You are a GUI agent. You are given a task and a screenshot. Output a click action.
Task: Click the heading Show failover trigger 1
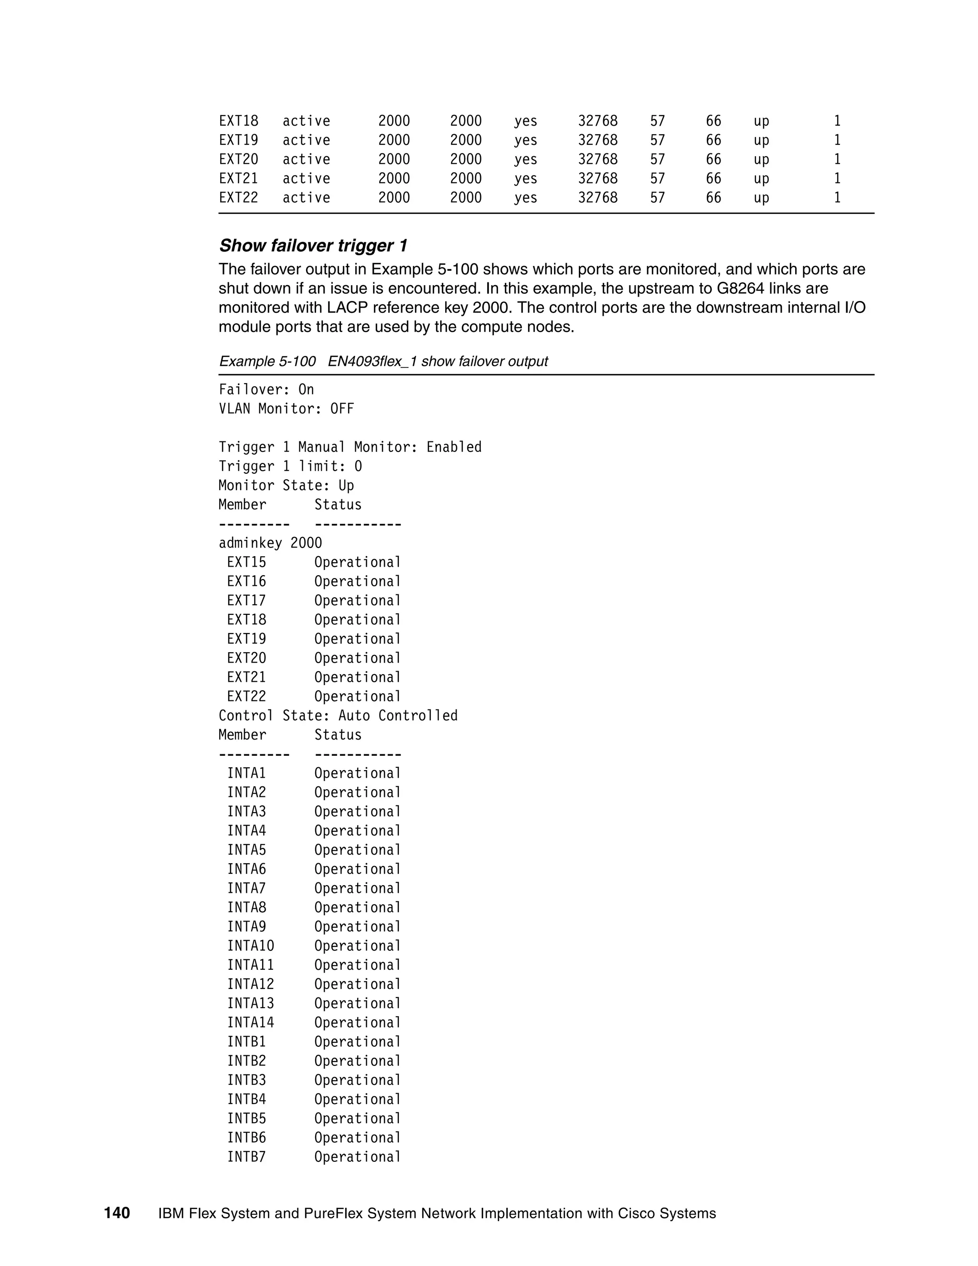click(x=313, y=246)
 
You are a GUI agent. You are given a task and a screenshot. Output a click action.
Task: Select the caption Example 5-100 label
click(x=266, y=361)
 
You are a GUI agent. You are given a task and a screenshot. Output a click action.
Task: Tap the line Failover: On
click(x=266, y=389)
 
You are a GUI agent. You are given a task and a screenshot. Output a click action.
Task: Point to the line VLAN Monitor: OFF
click(x=286, y=408)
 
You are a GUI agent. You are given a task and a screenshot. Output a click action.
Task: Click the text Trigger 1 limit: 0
click(x=290, y=466)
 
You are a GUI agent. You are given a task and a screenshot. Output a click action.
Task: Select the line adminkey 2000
click(x=270, y=543)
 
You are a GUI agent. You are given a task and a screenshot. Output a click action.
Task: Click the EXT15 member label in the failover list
click(x=246, y=562)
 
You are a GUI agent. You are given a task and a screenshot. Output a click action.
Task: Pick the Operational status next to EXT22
click(x=358, y=696)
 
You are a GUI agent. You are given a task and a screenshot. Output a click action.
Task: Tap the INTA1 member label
click(x=246, y=773)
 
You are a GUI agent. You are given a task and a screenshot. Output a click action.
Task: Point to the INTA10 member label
click(x=250, y=945)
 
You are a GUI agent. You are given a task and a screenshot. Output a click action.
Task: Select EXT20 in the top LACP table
click(x=238, y=160)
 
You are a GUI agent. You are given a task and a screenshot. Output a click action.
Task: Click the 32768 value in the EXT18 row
click(x=597, y=121)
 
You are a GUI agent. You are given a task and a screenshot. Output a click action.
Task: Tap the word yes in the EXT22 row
click(x=525, y=198)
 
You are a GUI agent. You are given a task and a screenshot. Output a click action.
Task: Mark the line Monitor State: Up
click(x=286, y=485)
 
